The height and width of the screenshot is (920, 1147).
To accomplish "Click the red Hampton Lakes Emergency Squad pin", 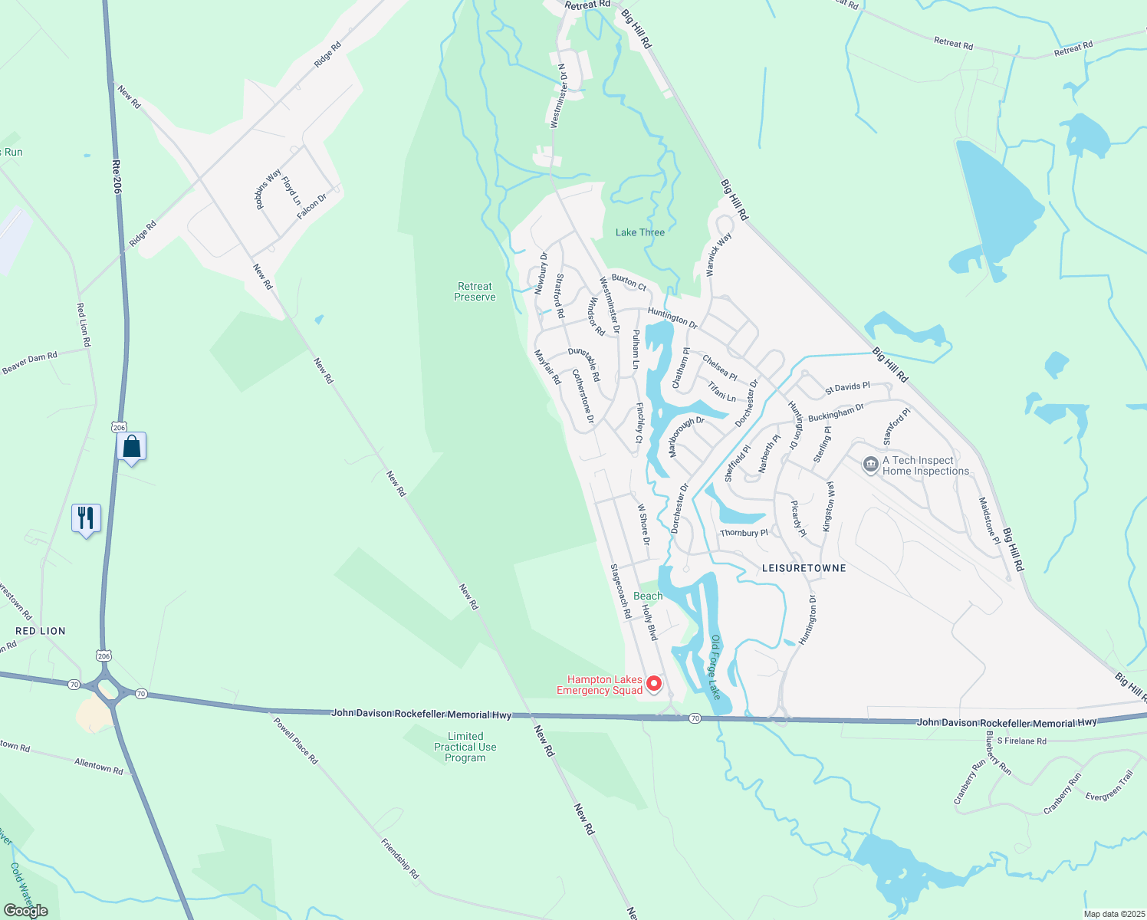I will pos(654,682).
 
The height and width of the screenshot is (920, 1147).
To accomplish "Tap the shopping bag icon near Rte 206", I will pos(131,446).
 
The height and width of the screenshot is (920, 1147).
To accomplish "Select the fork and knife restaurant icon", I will pos(86,518).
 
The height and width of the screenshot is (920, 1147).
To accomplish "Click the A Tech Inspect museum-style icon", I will pos(870,465).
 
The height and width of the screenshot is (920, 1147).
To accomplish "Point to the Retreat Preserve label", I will pos(475,291).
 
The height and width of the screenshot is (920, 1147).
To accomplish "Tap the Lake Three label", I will pos(640,232).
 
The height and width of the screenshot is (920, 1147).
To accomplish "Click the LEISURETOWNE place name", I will pos(804,568).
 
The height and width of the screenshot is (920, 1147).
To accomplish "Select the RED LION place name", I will pos(41,631).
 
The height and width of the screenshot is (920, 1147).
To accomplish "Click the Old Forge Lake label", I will pos(715,666).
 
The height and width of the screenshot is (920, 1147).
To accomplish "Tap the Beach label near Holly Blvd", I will pos(648,596).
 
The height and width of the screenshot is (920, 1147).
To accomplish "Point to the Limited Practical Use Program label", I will pos(465,747).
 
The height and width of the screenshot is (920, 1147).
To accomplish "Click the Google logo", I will pos(25,911).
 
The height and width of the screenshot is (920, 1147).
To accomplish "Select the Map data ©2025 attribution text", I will pos(1113,914).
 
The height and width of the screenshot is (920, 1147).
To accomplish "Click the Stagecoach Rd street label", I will pos(620,591).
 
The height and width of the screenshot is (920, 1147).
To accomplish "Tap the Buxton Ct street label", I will pos(629,281).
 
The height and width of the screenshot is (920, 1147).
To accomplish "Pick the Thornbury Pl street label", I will pos(744,533).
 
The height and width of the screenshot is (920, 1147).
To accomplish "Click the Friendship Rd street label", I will pos(400,858).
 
